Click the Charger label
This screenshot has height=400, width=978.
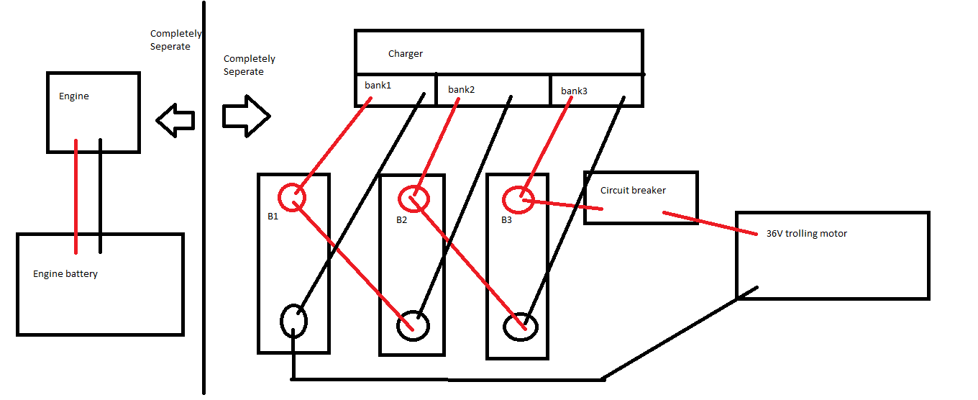click(x=405, y=54)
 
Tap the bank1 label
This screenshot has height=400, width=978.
click(x=378, y=85)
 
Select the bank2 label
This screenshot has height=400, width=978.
click(x=461, y=89)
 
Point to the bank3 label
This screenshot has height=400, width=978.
click(x=574, y=91)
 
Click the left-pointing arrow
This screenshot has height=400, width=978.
click(x=175, y=120)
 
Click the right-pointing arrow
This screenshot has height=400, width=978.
click(x=246, y=116)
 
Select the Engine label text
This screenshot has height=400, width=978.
click(x=74, y=96)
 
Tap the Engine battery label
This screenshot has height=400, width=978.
click(x=65, y=274)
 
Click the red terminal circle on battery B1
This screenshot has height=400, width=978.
click(x=292, y=197)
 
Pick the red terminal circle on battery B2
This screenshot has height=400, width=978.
click(x=413, y=199)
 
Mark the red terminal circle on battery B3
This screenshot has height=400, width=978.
click(x=518, y=200)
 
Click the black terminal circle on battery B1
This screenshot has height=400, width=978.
click(x=293, y=321)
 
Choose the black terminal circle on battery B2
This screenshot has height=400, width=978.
click(x=413, y=325)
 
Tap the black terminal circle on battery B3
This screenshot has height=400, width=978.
click(x=520, y=327)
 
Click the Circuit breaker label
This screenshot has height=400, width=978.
click(x=633, y=191)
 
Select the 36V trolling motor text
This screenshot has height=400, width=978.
click(x=806, y=234)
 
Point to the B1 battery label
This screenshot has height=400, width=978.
click(x=273, y=217)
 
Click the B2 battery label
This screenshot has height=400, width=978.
click(x=401, y=220)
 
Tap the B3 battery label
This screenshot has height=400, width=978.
click(x=506, y=220)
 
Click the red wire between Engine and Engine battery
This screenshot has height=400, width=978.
click(x=76, y=196)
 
